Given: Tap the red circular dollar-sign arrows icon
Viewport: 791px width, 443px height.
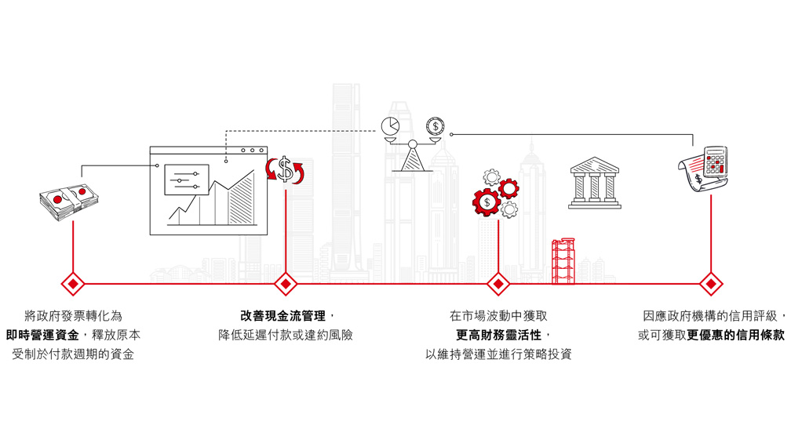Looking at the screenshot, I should (x=286, y=169).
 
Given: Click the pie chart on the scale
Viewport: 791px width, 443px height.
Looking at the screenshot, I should (x=390, y=126).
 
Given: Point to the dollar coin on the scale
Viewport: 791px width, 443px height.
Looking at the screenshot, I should (x=434, y=125).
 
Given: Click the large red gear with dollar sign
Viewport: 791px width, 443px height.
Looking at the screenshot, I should (x=487, y=202).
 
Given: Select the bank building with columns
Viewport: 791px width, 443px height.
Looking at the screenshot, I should (x=594, y=183).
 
